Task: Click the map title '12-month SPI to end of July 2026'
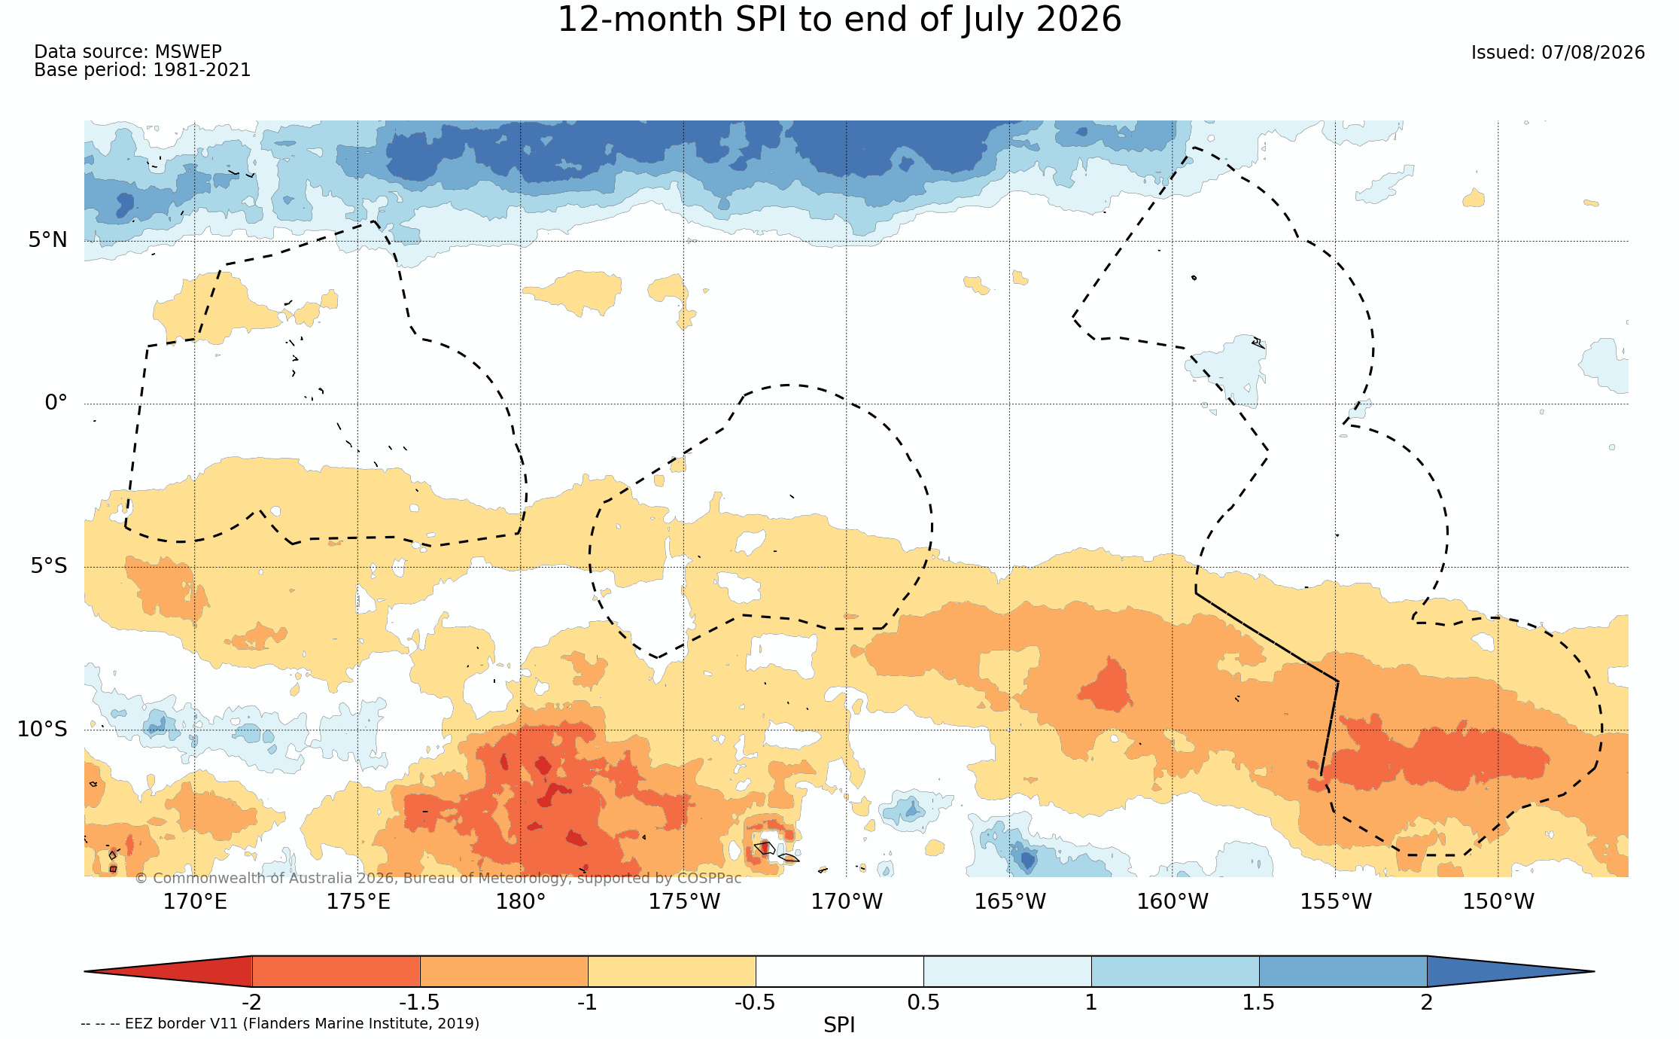pos(839,20)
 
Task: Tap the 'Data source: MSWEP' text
pos(128,52)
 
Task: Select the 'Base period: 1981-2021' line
pos(142,70)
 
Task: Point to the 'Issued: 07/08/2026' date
pos(1558,53)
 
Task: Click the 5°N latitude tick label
pos(48,240)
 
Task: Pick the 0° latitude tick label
pos(56,403)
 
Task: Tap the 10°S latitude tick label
pos(42,729)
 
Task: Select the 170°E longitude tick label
pos(195,901)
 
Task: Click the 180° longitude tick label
pos(520,901)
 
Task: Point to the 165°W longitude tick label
pos(1010,901)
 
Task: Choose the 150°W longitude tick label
pos(1498,901)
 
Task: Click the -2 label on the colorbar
pos(251,1002)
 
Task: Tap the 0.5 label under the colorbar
pos(923,1002)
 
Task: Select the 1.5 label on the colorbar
pos(1259,1002)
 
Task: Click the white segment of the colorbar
pos(840,971)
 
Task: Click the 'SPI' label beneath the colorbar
pos(839,1025)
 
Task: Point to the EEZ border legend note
pos(280,1023)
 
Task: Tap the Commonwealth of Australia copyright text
pos(438,878)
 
